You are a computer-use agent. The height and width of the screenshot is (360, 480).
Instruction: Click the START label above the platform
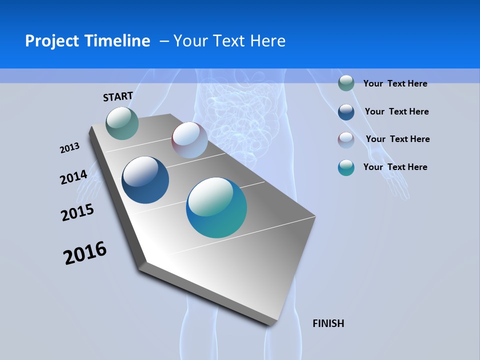coord(118,96)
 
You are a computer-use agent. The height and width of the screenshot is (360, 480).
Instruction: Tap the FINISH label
coord(328,323)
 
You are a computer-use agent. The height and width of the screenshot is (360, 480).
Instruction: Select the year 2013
coord(69,148)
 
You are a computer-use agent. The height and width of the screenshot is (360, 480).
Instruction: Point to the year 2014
coord(73,177)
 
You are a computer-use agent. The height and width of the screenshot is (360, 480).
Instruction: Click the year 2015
coord(77,212)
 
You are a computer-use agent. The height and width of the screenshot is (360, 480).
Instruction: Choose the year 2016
coord(85,253)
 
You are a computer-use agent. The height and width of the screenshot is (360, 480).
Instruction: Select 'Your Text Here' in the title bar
coord(229,41)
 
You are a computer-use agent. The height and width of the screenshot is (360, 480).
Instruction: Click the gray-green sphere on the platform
coord(122,123)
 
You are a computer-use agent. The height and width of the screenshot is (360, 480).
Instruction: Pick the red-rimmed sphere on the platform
coord(189,140)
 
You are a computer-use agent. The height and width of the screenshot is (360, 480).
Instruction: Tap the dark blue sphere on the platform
coord(145,180)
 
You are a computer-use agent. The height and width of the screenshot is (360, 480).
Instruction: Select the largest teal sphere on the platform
coord(216,207)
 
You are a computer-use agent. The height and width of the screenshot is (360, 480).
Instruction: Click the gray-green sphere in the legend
coord(346,83)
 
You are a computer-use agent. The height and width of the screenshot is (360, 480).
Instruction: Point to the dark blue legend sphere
coord(346,112)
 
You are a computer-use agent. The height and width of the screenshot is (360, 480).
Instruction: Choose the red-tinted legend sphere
coord(346,140)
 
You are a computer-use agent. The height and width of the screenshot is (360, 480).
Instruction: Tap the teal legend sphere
coord(346,167)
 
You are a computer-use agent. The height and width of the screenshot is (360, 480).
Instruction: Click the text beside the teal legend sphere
coord(395,167)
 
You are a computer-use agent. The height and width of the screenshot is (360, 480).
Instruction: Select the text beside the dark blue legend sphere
coord(396,111)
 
